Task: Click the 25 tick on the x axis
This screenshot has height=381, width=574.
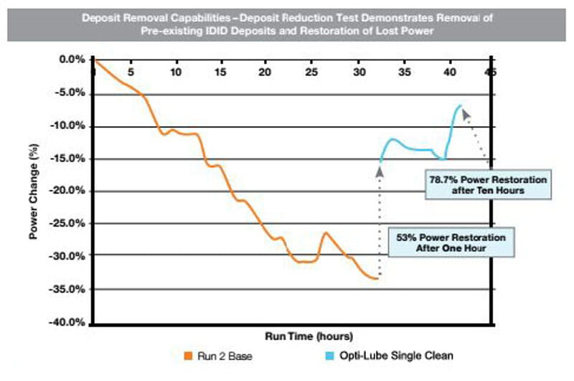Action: pos(311,72)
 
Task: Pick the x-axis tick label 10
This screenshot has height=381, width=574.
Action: pos(176,72)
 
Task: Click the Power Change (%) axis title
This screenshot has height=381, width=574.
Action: pos(34,192)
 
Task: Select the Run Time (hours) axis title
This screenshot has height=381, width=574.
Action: pos(293,336)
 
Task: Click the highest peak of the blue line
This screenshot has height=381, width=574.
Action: pos(460,105)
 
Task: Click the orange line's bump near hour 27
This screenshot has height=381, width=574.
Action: pos(325,232)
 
